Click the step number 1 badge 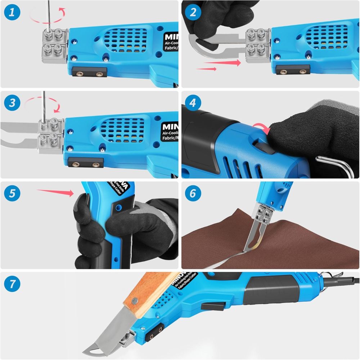(12, 13)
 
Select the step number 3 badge (12, 103)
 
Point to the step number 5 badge (12, 194)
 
